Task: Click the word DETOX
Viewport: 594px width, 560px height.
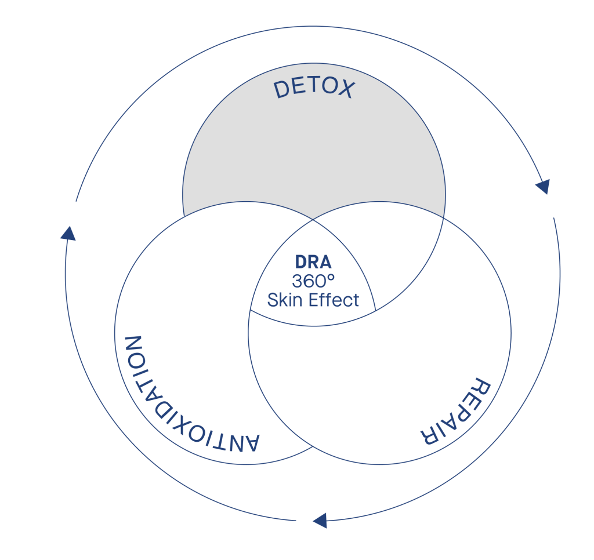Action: click(314, 88)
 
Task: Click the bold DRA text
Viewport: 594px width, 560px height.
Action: click(313, 262)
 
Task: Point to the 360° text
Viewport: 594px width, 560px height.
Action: click(313, 281)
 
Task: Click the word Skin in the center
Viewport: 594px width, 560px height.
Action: click(285, 300)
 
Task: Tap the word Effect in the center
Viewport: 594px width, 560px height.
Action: click(334, 300)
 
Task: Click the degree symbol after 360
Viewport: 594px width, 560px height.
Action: click(331, 277)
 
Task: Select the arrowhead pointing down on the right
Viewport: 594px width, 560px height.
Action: click(543, 186)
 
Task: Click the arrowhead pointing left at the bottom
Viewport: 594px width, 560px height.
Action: click(320, 521)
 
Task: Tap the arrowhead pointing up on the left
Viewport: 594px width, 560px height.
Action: click(68, 234)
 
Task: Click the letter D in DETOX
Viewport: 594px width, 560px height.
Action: click(282, 90)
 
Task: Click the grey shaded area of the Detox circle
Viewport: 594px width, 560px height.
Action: click(314, 151)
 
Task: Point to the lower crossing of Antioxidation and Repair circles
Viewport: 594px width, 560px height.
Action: click(313, 447)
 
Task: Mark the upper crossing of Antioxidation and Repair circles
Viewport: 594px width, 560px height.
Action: click(313, 219)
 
